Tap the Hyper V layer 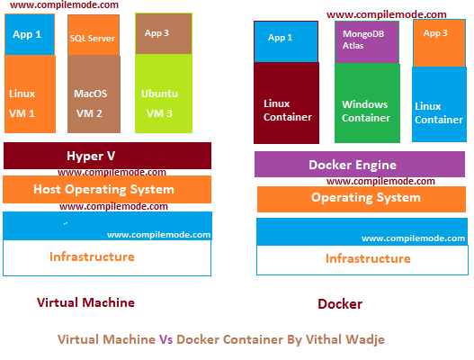tap(107, 156)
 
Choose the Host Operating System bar tap(107, 189)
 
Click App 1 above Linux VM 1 tap(28, 34)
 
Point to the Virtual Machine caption tap(85, 302)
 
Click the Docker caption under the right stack tap(340, 304)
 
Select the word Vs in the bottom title tap(165, 340)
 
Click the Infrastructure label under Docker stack tap(367, 259)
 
